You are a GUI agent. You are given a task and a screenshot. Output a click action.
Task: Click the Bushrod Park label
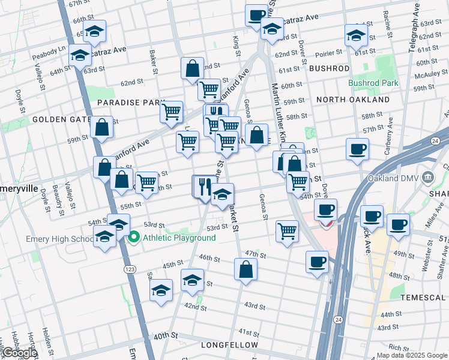tap(373, 83)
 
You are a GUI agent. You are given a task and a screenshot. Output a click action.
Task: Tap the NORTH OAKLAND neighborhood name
tap(353, 100)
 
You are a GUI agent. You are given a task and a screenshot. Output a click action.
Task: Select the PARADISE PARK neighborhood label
tap(127, 103)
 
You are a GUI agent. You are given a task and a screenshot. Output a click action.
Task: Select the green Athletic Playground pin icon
tap(134, 238)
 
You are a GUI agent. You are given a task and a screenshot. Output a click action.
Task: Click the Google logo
tap(20, 353)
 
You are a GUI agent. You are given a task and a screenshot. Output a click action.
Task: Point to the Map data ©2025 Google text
tap(411, 355)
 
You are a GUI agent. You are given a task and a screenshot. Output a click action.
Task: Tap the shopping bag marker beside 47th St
tap(246, 269)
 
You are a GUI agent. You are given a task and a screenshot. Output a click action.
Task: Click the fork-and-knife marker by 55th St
tap(203, 187)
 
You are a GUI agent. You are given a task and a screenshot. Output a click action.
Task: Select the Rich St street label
tap(399, 347)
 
